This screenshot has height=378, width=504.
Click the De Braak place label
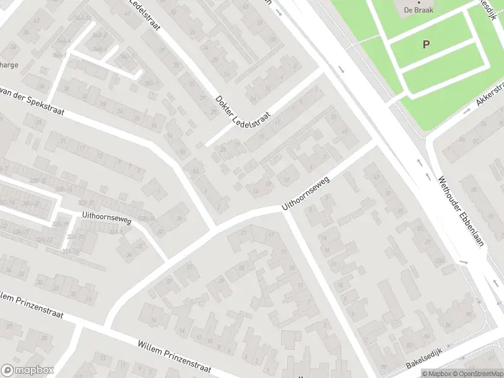click(415, 10)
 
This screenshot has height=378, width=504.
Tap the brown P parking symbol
click(427, 44)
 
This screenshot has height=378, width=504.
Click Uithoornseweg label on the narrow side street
click(106, 219)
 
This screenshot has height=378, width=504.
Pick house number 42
click(36, 20)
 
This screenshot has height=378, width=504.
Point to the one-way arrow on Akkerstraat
click(467, 110)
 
